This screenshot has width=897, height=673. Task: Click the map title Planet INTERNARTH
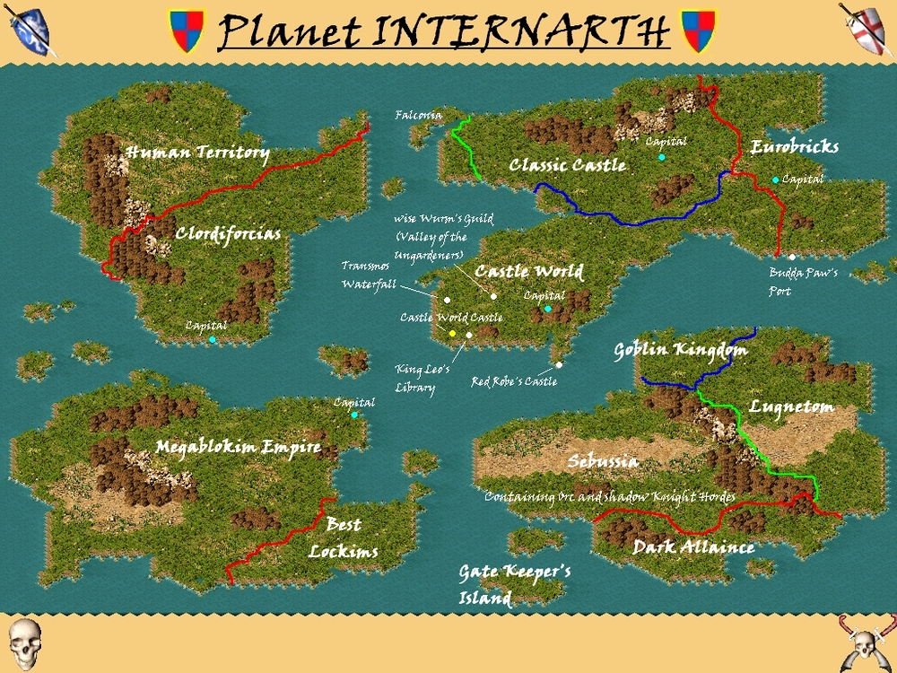pos(444,31)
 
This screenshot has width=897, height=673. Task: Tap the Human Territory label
pos(197,153)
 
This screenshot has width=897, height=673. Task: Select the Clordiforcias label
pos(228,234)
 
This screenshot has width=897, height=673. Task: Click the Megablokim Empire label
pos(238,447)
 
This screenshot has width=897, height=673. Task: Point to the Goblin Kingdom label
pos(680,350)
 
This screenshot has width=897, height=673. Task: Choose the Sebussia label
pos(603,462)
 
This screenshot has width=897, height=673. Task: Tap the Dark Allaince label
pos(693,546)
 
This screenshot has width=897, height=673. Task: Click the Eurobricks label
pos(795,147)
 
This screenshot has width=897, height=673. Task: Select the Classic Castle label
pos(567,165)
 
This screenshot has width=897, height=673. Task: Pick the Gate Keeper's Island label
pos(514,584)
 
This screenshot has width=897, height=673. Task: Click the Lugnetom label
pos(791,406)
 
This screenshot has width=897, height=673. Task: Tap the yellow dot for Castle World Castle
pos(453,334)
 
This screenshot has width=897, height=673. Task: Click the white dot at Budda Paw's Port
pos(792,258)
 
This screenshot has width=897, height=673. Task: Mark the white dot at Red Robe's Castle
pos(559,364)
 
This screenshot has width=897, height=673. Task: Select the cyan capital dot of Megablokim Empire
pos(354,415)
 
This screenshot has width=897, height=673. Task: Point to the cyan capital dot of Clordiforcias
pos(213,339)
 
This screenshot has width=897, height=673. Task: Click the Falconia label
pos(419,116)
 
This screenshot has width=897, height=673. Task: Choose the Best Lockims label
pos(343,538)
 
